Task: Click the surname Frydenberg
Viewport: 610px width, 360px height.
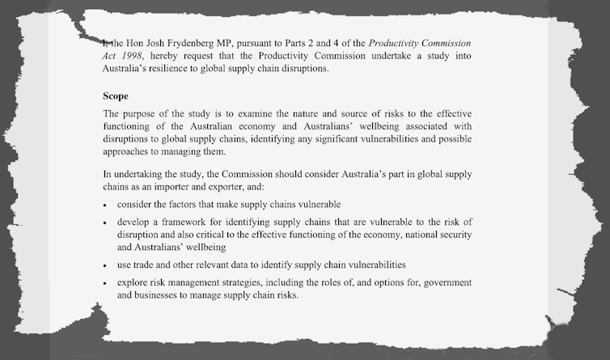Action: (187, 41)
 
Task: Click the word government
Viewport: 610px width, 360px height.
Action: (444, 283)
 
